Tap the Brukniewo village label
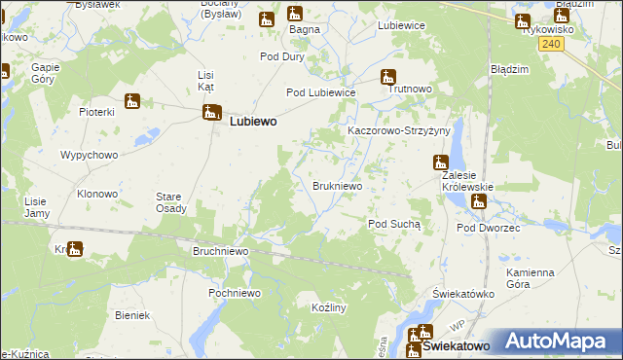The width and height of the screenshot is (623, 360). (x=338, y=185)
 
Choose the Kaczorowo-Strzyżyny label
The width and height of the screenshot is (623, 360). (x=399, y=129)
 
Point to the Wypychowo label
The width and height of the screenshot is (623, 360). (x=89, y=155)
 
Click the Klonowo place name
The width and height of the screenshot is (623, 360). (x=97, y=194)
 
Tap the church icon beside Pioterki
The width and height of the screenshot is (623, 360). (x=131, y=100)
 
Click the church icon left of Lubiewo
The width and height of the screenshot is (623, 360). (x=210, y=113)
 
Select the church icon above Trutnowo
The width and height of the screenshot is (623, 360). (x=388, y=77)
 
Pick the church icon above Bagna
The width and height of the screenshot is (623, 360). (x=295, y=14)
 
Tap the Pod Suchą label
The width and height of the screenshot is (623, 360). (x=394, y=224)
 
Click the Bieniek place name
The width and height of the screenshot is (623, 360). (x=131, y=315)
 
